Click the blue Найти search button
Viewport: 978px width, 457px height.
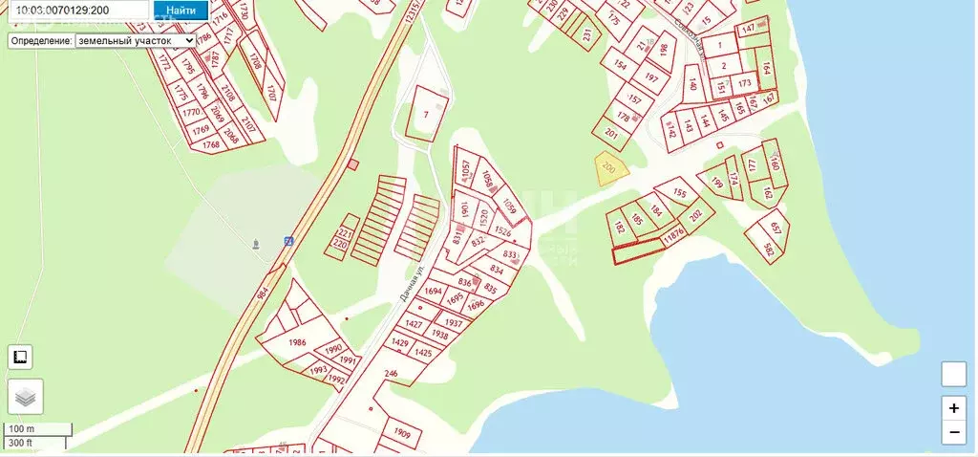coord(181,11)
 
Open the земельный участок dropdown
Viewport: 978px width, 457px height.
coord(135,41)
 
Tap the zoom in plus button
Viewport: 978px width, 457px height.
coord(954,407)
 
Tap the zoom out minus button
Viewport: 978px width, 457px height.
coord(954,432)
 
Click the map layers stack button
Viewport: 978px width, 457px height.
coord(26,396)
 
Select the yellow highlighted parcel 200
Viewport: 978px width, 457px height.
coord(609,168)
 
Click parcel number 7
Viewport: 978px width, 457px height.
coord(426,114)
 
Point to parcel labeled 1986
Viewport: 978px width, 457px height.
coord(297,342)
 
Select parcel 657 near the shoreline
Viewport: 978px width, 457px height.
coord(776,229)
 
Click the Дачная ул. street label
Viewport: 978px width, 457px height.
coord(409,285)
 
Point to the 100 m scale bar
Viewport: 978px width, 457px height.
coord(36,428)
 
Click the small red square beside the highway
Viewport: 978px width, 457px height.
coord(353,164)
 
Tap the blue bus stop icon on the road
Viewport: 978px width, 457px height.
coord(288,241)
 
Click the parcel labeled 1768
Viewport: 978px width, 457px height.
coord(211,143)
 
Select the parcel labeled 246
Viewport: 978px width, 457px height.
coord(391,373)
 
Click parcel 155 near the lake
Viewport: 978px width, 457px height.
coord(679,194)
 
